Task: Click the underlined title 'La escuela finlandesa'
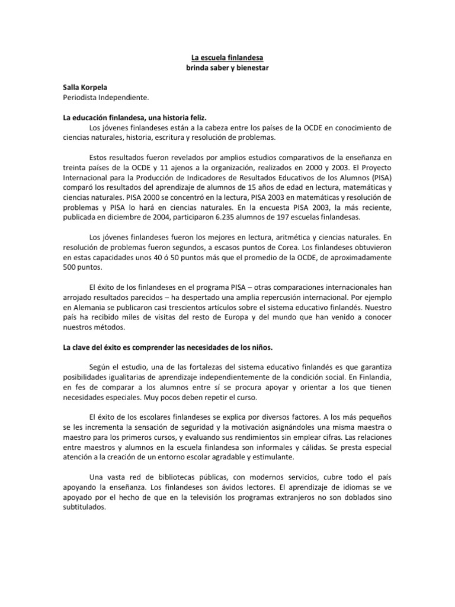pyautogui.click(x=227, y=58)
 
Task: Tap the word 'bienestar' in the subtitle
pyautogui.click(x=252, y=68)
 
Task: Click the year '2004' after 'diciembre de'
pyautogui.click(x=163, y=218)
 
